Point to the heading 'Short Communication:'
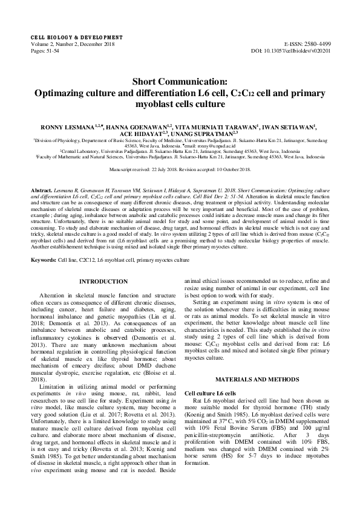coord(180,82)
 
